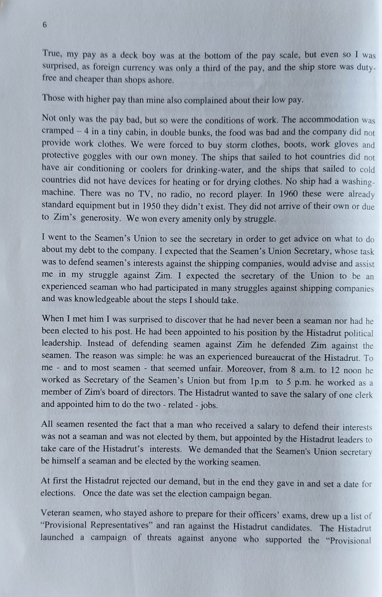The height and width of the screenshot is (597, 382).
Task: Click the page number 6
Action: coord(45,25)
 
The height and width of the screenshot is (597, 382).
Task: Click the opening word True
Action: coord(52,54)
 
